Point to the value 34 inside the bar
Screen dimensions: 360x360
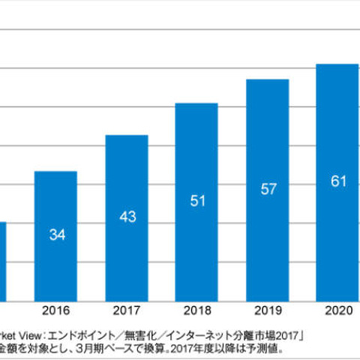click(x=55, y=235)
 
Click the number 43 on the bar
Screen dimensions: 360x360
click(x=126, y=217)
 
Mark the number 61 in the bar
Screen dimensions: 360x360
click(x=337, y=180)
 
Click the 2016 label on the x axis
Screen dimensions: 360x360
click(x=55, y=310)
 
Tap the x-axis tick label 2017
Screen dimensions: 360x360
click(x=126, y=310)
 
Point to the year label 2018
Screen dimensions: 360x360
click(x=196, y=310)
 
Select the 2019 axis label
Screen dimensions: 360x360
click(x=267, y=310)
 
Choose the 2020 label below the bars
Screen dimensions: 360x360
click(x=337, y=310)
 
